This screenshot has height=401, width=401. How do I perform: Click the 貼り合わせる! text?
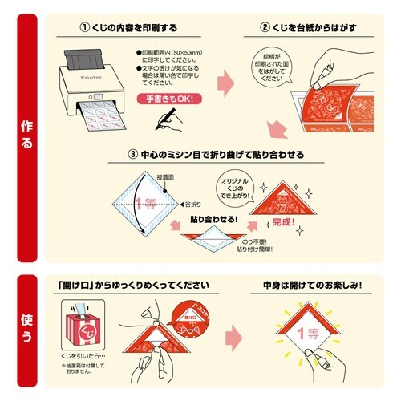(215, 218)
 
